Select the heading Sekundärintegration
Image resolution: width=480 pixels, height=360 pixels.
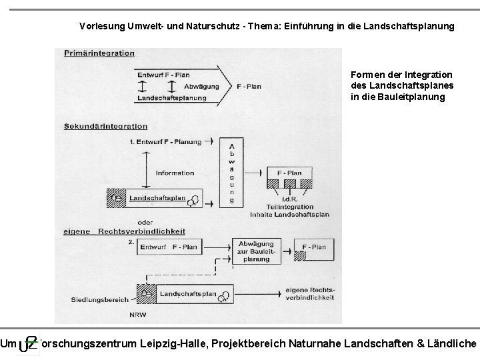[x=106, y=126]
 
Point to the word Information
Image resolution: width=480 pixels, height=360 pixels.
[x=175, y=173]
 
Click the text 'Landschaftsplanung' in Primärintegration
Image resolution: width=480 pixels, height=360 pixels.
[x=171, y=98]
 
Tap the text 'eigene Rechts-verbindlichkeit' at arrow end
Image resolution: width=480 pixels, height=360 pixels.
[x=309, y=293]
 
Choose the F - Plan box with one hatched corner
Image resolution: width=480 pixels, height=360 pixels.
[x=314, y=247]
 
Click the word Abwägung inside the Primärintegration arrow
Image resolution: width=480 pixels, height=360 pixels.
[x=200, y=86]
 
